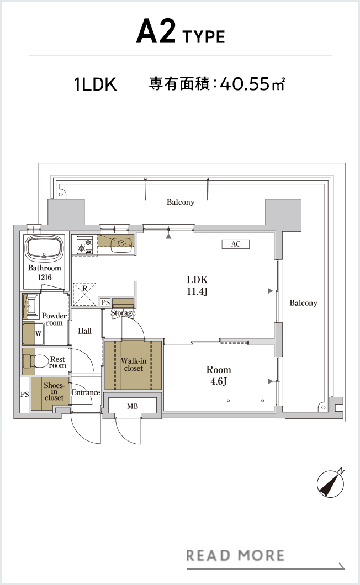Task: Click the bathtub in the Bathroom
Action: pyautogui.click(x=44, y=247)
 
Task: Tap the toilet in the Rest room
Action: pyautogui.click(x=36, y=361)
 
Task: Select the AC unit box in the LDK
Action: pyautogui.click(x=235, y=244)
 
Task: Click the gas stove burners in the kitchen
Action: pyautogui.click(x=84, y=246)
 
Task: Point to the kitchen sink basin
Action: pyautogui.click(x=121, y=243)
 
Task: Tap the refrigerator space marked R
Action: pyautogui.click(x=84, y=294)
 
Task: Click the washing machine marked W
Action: pyautogui.click(x=34, y=333)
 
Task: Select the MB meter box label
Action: pyautogui.click(x=133, y=406)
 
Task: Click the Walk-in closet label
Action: pyautogui.click(x=133, y=364)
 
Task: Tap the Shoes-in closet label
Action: pyautogui.click(x=54, y=391)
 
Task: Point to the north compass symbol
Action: pyautogui.click(x=331, y=483)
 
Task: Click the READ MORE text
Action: pyautogui.click(x=235, y=556)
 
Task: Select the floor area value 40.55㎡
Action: pyautogui.click(x=252, y=84)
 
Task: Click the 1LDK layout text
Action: pyautogui.click(x=96, y=84)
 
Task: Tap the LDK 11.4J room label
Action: pyautogui.click(x=197, y=285)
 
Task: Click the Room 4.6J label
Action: pyautogui.click(x=219, y=375)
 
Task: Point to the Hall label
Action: pyautogui.click(x=85, y=331)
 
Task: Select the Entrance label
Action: pyautogui.click(x=86, y=392)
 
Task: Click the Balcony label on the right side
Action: pyautogui.click(x=303, y=303)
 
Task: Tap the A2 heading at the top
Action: pyautogui.click(x=156, y=32)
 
